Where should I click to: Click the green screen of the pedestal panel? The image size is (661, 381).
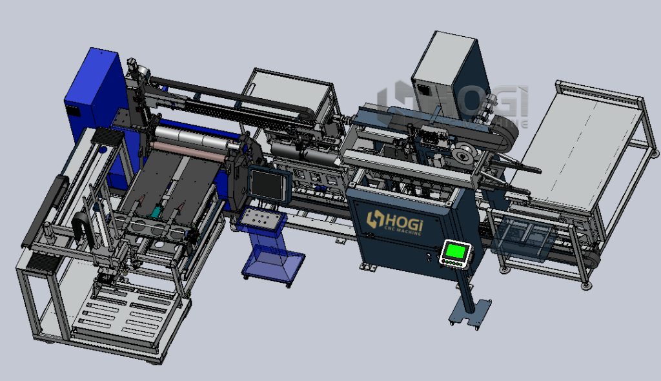pyautogui.click(x=456, y=252)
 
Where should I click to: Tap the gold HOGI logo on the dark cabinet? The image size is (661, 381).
pyautogui.click(x=394, y=221)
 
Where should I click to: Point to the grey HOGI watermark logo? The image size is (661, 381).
pyautogui.click(x=453, y=104)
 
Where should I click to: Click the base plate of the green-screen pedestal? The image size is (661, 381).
pyautogui.click(x=471, y=312)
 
